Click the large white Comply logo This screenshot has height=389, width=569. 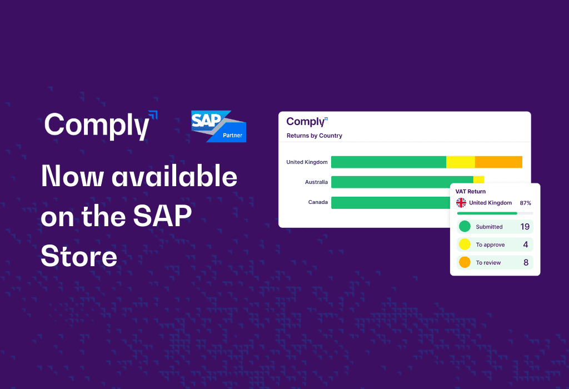pos(101,125)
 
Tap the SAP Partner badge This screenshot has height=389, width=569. pos(219,126)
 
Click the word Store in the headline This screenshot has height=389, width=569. pos(79,256)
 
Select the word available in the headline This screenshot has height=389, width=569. pos(174,176)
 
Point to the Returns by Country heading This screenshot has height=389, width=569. pos(315,136)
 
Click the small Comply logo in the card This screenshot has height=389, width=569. pos(307,122)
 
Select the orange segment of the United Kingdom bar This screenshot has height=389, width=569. pos(498,162)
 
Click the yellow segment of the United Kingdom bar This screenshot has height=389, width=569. pos(461,162)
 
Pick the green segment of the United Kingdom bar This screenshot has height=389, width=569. pos(388,162)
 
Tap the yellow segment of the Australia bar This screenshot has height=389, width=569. pos(478,179)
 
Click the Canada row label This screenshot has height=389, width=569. pos(318,202)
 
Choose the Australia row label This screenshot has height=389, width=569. pos(316,182)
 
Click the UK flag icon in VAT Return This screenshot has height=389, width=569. pos(461,202)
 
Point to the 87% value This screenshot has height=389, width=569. pos(526,203)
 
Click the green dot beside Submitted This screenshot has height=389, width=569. pos(465,226)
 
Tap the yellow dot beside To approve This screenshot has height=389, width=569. pos(465,244)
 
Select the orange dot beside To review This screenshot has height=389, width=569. pos(465,262)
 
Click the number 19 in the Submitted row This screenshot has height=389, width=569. pos(525,227)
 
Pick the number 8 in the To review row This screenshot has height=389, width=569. pos(526,262)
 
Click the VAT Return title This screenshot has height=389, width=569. pos(470,192)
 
